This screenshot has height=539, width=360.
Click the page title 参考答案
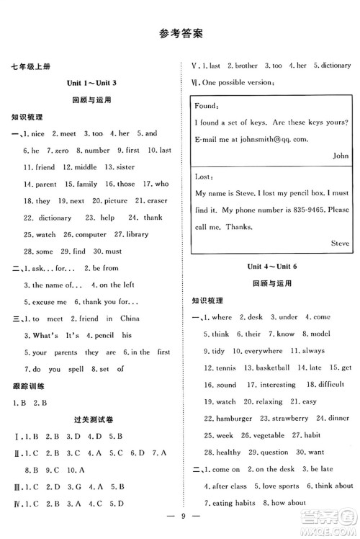[179, 33]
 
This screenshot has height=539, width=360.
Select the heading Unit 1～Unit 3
[91, 84]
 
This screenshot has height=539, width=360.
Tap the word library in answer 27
[137, 234]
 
